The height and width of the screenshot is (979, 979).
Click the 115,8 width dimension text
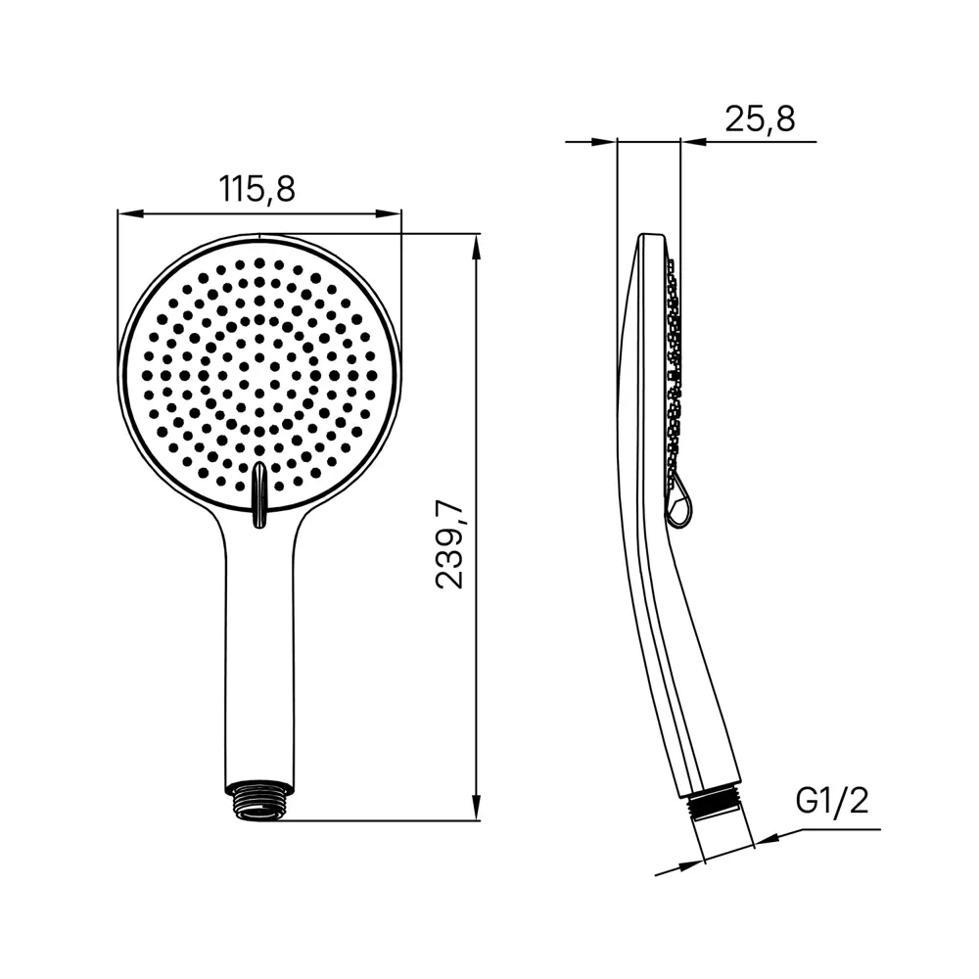tap(257, 188)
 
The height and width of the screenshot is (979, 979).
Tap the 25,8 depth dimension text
tap(760, 118)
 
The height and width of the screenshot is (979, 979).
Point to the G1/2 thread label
tap(831, 801)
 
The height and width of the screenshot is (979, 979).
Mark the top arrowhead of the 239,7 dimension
tap(477, 246)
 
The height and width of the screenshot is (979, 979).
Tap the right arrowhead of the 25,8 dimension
tap(691, 143)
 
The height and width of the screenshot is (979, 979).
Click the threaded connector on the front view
tap(258, 799)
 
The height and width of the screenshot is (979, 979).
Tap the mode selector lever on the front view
tap(258, 494)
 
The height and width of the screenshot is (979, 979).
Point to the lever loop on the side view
tap(680, 503)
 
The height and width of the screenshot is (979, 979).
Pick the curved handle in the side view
tap(676, 666)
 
